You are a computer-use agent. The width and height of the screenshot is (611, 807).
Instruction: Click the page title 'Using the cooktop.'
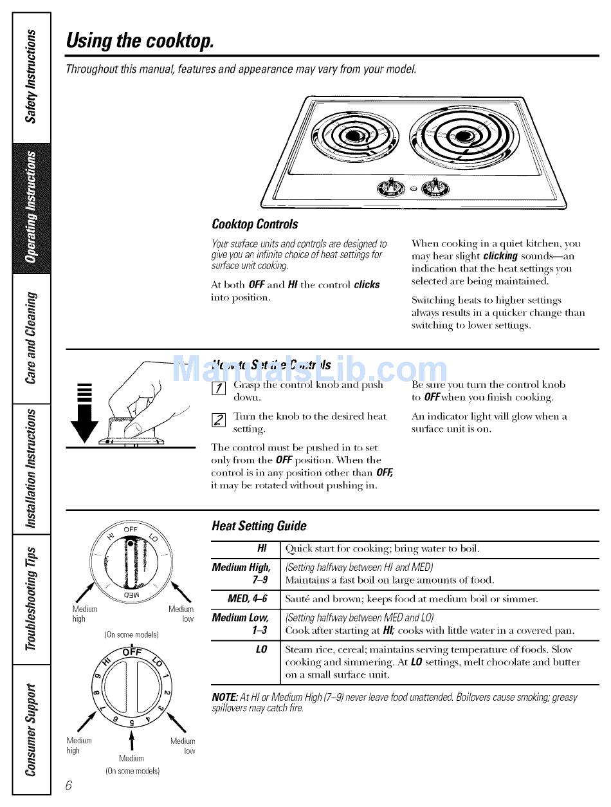[x=140, y=41]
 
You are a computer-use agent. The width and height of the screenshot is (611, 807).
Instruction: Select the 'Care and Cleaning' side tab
[x=31, y=338]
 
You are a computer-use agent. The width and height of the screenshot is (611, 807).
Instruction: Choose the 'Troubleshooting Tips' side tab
[x=31, y=598]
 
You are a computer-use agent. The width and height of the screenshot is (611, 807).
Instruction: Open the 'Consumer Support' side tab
[x=31, y=731]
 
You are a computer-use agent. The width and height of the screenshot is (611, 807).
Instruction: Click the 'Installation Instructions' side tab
[x=31, y=468]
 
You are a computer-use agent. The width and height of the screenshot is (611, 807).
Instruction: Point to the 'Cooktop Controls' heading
[x=255, y=224]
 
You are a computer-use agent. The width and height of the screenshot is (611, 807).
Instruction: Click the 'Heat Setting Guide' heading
[x=259, y=526]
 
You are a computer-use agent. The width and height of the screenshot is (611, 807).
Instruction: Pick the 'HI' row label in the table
[x=262, y=548]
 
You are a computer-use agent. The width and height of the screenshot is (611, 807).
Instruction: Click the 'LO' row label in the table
[x=261, y=649]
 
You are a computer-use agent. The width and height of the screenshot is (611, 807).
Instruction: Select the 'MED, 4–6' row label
[x=248, y=598]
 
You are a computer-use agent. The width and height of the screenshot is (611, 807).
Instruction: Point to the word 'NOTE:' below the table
[x=224, y=698]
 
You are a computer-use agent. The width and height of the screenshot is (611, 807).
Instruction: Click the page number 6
[x=69, y=785]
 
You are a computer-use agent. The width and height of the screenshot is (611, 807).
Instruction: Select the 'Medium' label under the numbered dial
[x=131, y=758]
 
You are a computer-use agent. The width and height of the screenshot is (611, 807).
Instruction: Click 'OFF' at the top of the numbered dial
[x=131, y=652]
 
